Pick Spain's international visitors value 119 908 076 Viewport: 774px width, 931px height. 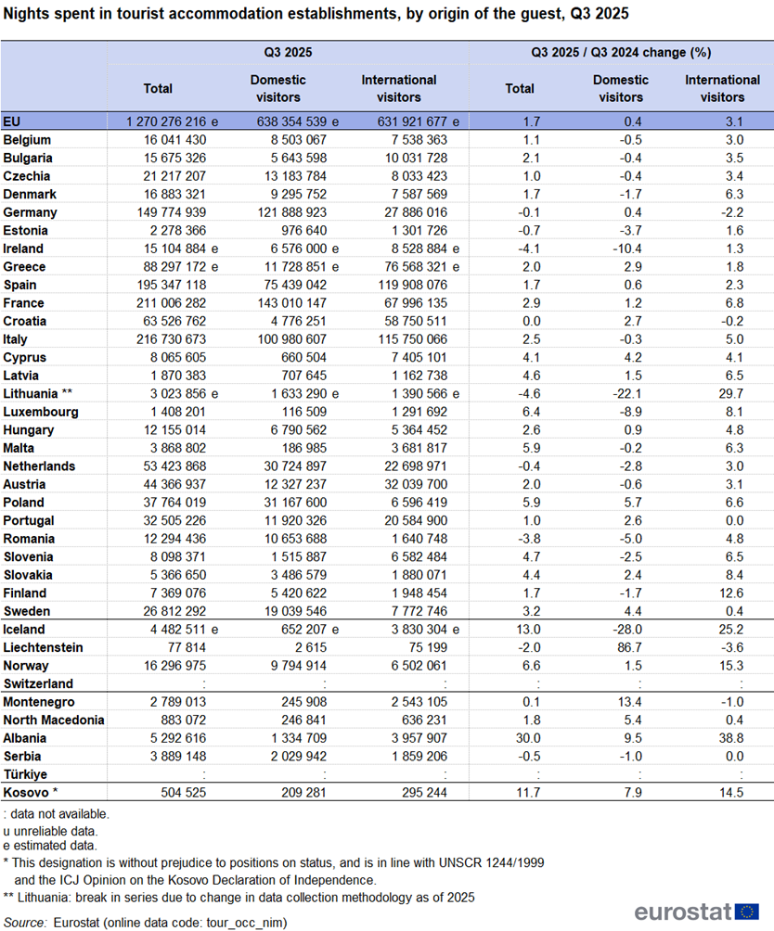409,285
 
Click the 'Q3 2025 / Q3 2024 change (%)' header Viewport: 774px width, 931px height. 620,53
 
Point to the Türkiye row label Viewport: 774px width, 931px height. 26,774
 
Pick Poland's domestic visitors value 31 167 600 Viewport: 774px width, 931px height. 287,503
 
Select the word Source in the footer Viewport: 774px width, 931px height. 26,922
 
